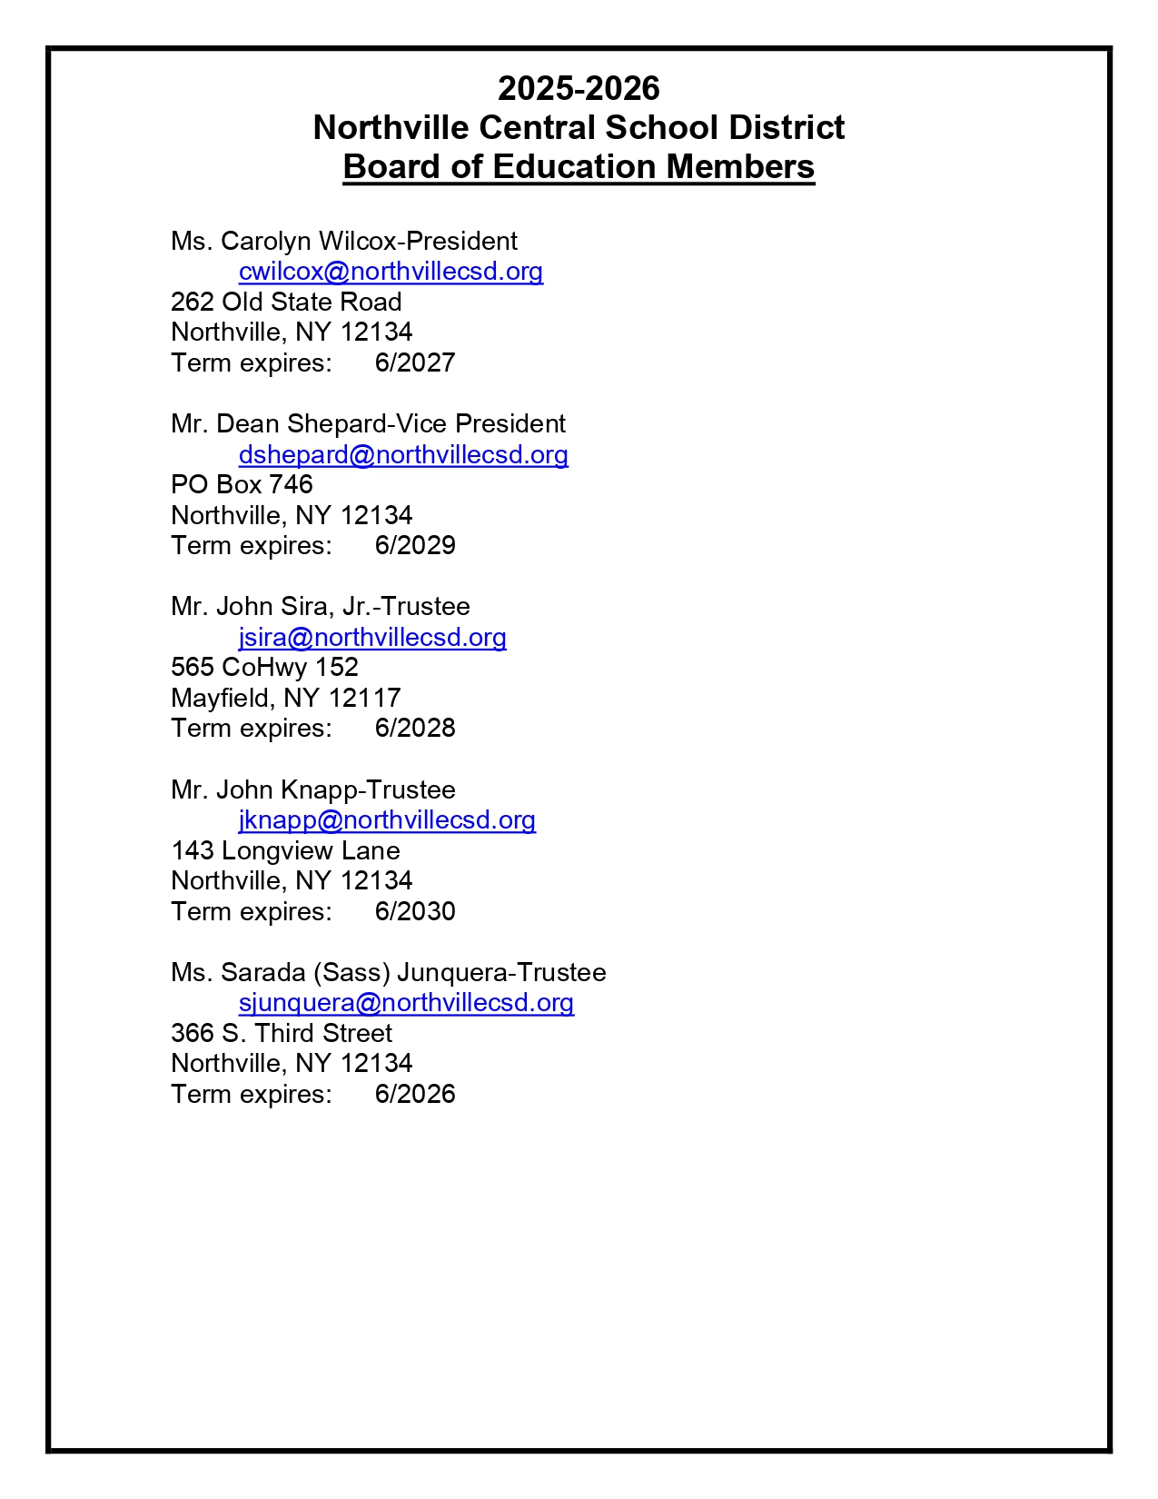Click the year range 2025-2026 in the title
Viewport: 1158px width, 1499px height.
click(579, 88)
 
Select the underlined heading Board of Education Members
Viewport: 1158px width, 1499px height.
click(579, 167)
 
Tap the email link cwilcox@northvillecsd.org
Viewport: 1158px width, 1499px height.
click(391, 272)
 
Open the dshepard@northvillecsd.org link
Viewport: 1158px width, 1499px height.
click(403, 454)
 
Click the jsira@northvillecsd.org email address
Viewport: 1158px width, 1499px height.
click(372, 637)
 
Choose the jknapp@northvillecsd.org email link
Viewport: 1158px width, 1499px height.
click(387, 819)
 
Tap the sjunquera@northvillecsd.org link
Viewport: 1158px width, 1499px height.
click(406, 1002)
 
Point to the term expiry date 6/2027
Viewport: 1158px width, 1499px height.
click(415, 362)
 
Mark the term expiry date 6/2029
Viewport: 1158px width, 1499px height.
click(415, 545)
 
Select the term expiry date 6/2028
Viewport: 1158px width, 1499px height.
click(415, 728)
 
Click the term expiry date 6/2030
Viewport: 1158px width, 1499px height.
click(415, 911)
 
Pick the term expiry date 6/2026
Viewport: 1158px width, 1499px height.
click(415, 1094)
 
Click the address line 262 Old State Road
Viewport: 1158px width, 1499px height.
click(286, 302)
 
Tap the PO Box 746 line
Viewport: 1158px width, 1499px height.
click(242, 484)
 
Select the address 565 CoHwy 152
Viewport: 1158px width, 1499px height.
click(264, 667)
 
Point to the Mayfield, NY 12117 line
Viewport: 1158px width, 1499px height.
click(286, 698)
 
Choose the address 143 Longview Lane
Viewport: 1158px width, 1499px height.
click(285, 850)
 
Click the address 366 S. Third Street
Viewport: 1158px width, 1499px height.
click(282, 1033)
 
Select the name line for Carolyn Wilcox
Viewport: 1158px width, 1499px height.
click(344, 241)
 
